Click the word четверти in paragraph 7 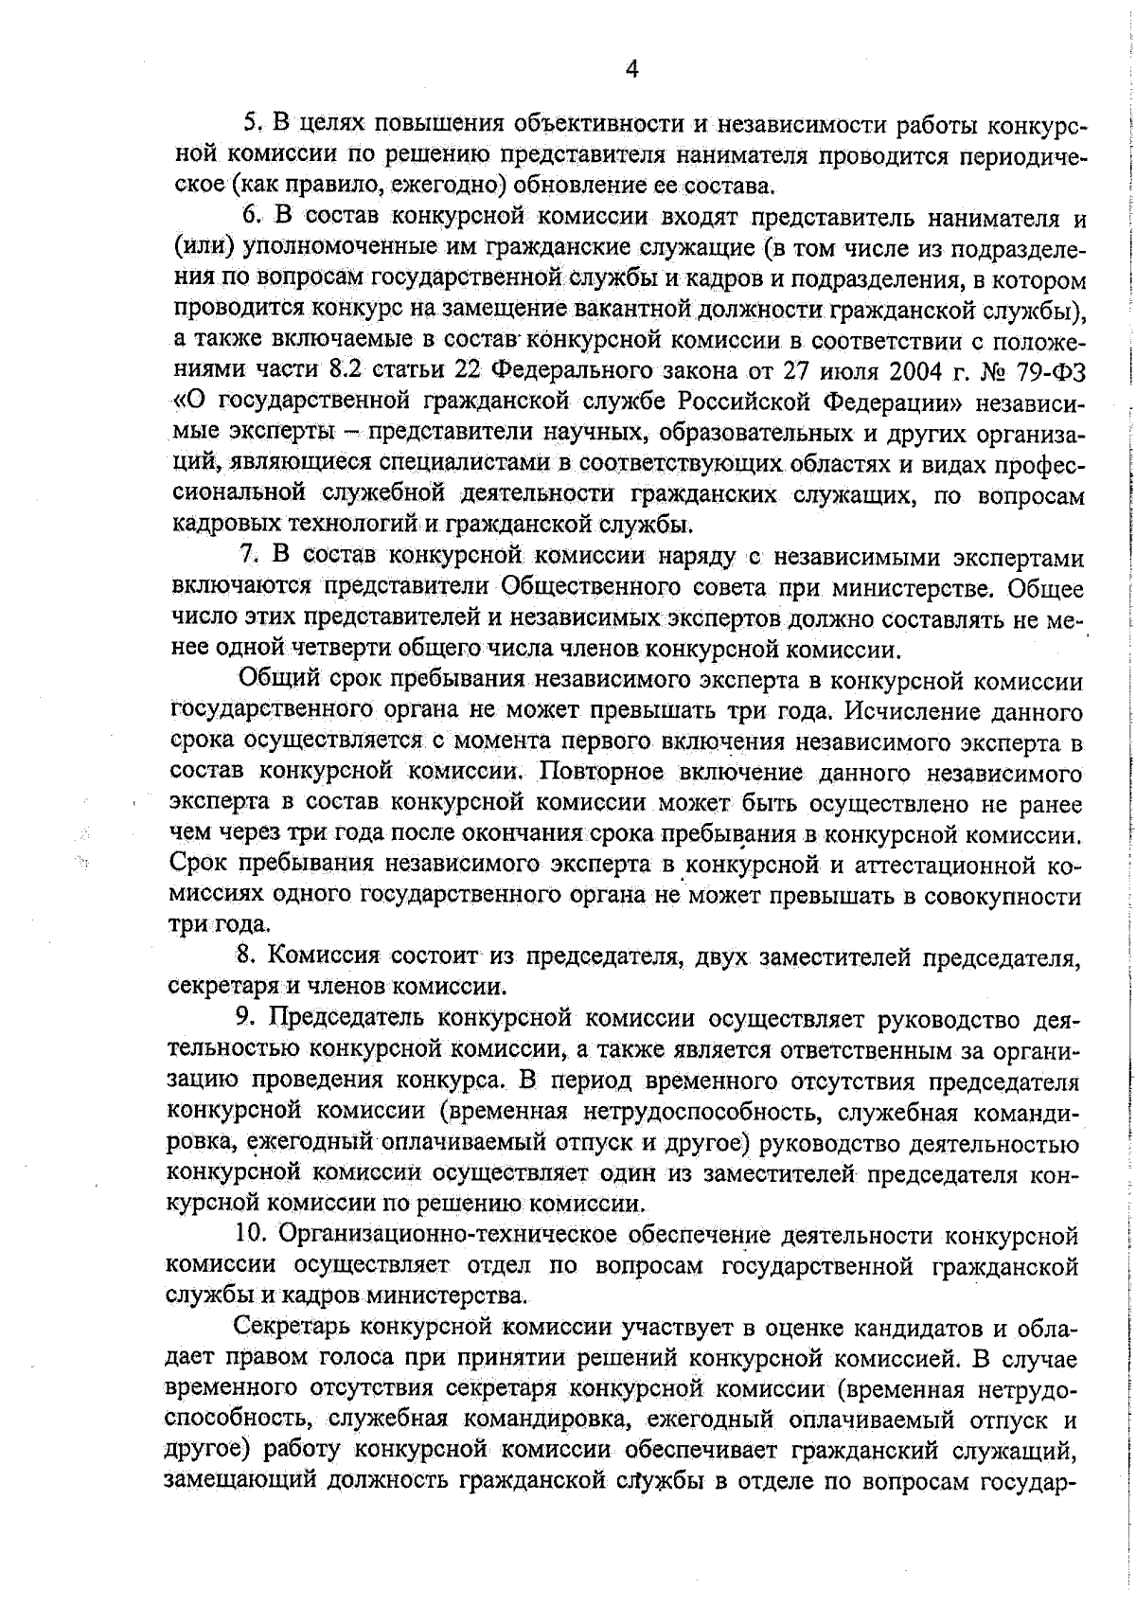tap(370, 649)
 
